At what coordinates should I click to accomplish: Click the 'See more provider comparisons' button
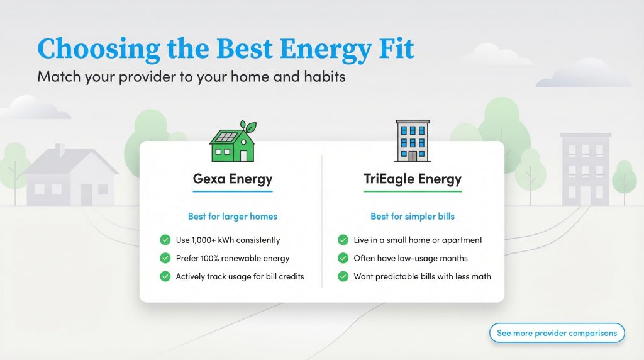557,333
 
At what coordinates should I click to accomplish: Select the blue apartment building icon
413,141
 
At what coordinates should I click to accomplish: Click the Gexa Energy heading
232,179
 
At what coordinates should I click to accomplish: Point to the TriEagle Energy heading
413,179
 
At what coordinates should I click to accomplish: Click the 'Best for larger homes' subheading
232,217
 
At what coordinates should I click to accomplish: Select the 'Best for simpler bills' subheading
413,217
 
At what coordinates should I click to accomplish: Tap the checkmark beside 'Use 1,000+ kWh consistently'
165,240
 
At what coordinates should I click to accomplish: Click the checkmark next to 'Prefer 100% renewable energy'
165,258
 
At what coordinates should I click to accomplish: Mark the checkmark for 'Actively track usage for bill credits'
165,276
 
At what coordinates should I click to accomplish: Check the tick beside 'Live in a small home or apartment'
343,240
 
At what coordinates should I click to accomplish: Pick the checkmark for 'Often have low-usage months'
343,258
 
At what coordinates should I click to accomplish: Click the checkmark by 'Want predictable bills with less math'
343,276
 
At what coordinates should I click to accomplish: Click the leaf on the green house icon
251,127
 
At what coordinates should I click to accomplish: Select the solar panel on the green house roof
227,137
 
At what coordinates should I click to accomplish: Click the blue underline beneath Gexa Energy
232,191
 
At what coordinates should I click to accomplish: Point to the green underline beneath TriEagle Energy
413,191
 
